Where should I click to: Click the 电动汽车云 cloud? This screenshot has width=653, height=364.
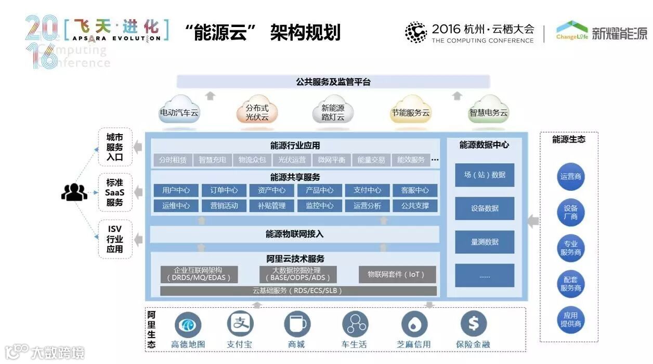click(x=179, y=110)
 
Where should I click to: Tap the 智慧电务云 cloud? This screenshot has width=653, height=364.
click(x=488, y=110)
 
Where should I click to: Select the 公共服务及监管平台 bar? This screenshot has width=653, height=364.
click(x=333, y=82)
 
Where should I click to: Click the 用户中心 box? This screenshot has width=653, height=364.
click(x=176, y=190)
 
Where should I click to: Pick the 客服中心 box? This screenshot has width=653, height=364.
click(x=415, y=190)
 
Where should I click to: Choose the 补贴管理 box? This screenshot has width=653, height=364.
click(x=271, y=205)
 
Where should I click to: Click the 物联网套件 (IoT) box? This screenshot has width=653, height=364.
click(x=397, y=274)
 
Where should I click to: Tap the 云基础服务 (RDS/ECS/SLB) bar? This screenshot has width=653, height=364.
click(x=298, y=291)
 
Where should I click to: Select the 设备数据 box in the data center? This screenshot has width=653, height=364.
click(x=485, y=208)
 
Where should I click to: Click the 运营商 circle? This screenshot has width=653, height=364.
click(x=570, y=176)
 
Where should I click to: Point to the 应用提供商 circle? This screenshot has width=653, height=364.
click(x=570, y=319)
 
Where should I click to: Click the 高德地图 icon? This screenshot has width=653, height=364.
click(x=188, y=324)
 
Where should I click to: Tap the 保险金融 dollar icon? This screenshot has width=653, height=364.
click(x=473, y=324)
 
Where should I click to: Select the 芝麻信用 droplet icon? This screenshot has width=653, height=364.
click(x=414, y=324)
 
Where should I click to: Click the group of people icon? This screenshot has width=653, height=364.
click(x=74, y=192)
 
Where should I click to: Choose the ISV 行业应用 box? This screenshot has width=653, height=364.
click(x=115, y=239)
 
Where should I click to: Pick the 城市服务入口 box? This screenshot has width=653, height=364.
click(x=115, y=147)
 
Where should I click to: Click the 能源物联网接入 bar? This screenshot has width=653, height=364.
click(x=294, y=234)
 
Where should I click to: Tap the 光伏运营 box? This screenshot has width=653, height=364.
click(x=292, y=160)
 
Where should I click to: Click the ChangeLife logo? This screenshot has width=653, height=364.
click(x=572, y=31)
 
